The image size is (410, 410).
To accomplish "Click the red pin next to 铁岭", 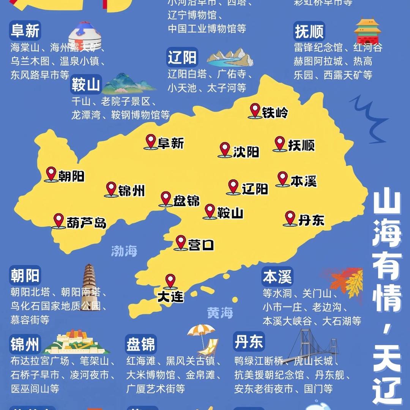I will pos(255,110).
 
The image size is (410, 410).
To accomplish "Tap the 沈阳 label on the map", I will pos(246,152).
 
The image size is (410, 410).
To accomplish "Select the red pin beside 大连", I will pos(170,281).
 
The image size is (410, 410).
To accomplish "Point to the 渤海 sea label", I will pos(124,251).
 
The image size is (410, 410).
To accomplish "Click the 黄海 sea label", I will pos(220,313).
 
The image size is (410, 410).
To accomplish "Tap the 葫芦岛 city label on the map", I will pos(86,223).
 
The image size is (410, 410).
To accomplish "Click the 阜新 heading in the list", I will pos(25,30).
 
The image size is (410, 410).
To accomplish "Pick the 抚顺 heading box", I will pos(309,31).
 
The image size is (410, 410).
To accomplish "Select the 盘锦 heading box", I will pos(141,344).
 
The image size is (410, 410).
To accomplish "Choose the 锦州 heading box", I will pos(25,344).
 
